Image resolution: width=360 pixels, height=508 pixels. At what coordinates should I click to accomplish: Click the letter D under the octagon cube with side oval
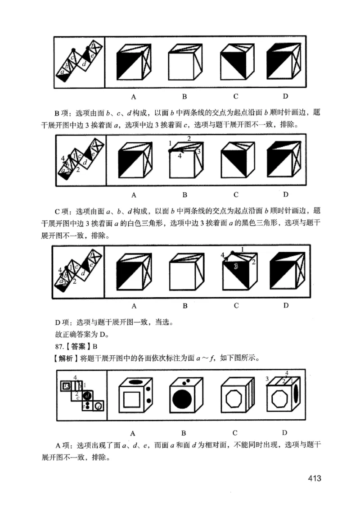(285, 432)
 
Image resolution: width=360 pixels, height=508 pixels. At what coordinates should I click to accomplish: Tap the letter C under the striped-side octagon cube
(235, 432)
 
